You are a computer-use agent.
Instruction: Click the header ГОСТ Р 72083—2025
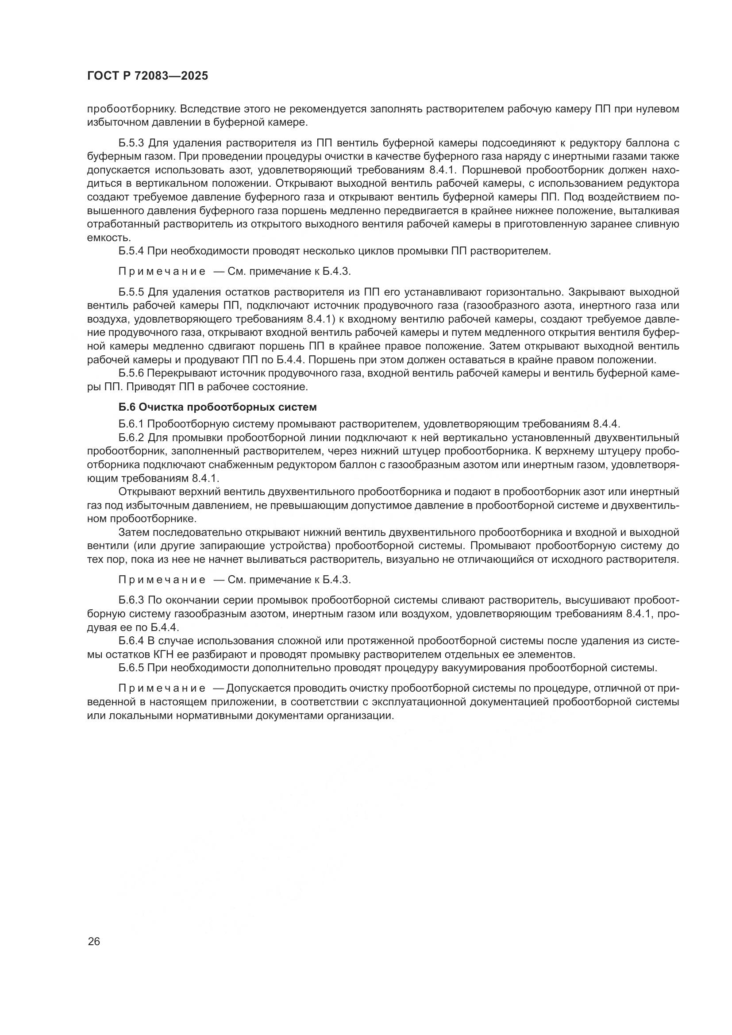147,76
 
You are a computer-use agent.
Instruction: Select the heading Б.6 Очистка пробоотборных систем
218,407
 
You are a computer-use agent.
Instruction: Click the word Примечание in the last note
162,689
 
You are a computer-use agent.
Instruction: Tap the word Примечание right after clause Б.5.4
162,271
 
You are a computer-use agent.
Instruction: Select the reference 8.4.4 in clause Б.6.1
606,424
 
